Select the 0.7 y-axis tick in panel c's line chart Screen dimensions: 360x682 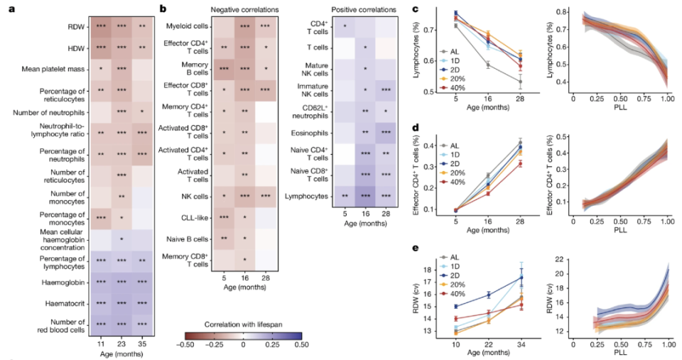tap(430, 31)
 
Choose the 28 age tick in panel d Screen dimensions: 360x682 tap(521, 220)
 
